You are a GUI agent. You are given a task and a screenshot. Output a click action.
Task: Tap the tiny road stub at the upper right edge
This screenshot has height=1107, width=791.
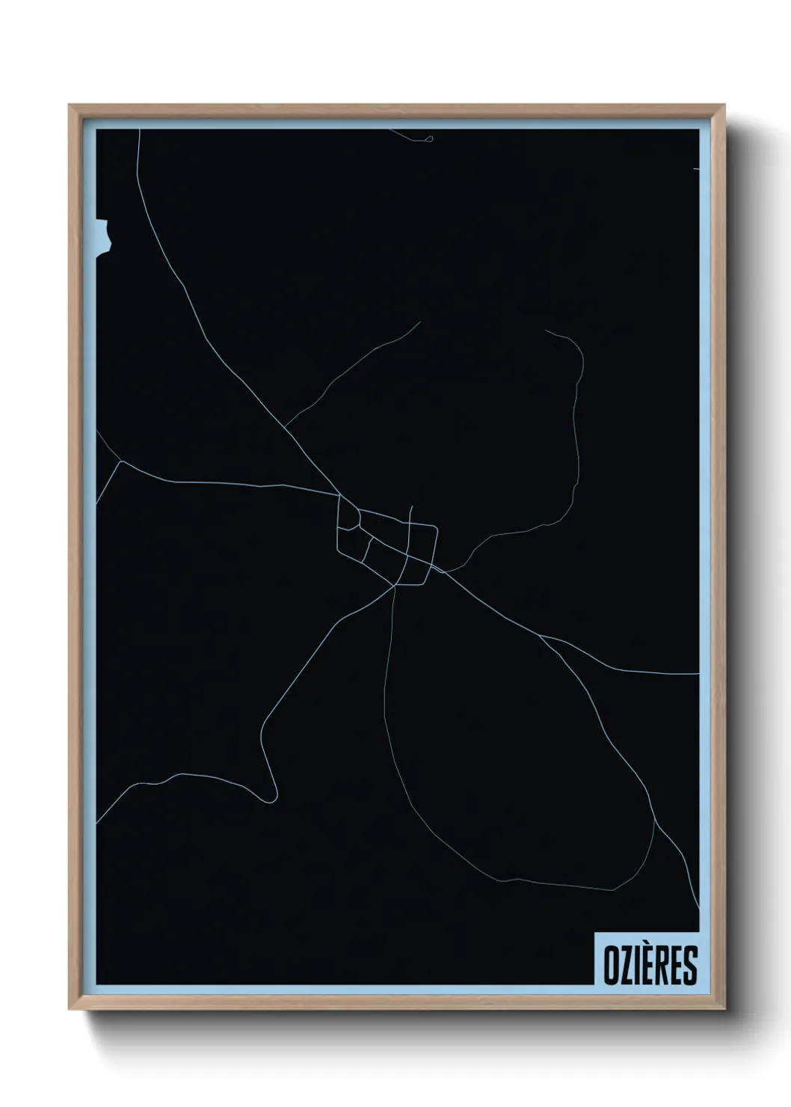point(696,169)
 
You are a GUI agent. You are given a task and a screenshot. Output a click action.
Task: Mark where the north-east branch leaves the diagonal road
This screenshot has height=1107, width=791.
point(286,427)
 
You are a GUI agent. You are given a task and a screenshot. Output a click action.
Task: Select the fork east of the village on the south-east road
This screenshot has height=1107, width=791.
point(540,637)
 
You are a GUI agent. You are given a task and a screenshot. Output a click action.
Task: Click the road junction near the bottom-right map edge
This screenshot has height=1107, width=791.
point(655,819)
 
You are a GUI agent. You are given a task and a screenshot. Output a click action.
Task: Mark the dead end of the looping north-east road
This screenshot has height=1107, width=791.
point(546,330)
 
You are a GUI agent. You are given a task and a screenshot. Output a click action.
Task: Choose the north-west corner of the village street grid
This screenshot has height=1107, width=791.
point(339,496)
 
